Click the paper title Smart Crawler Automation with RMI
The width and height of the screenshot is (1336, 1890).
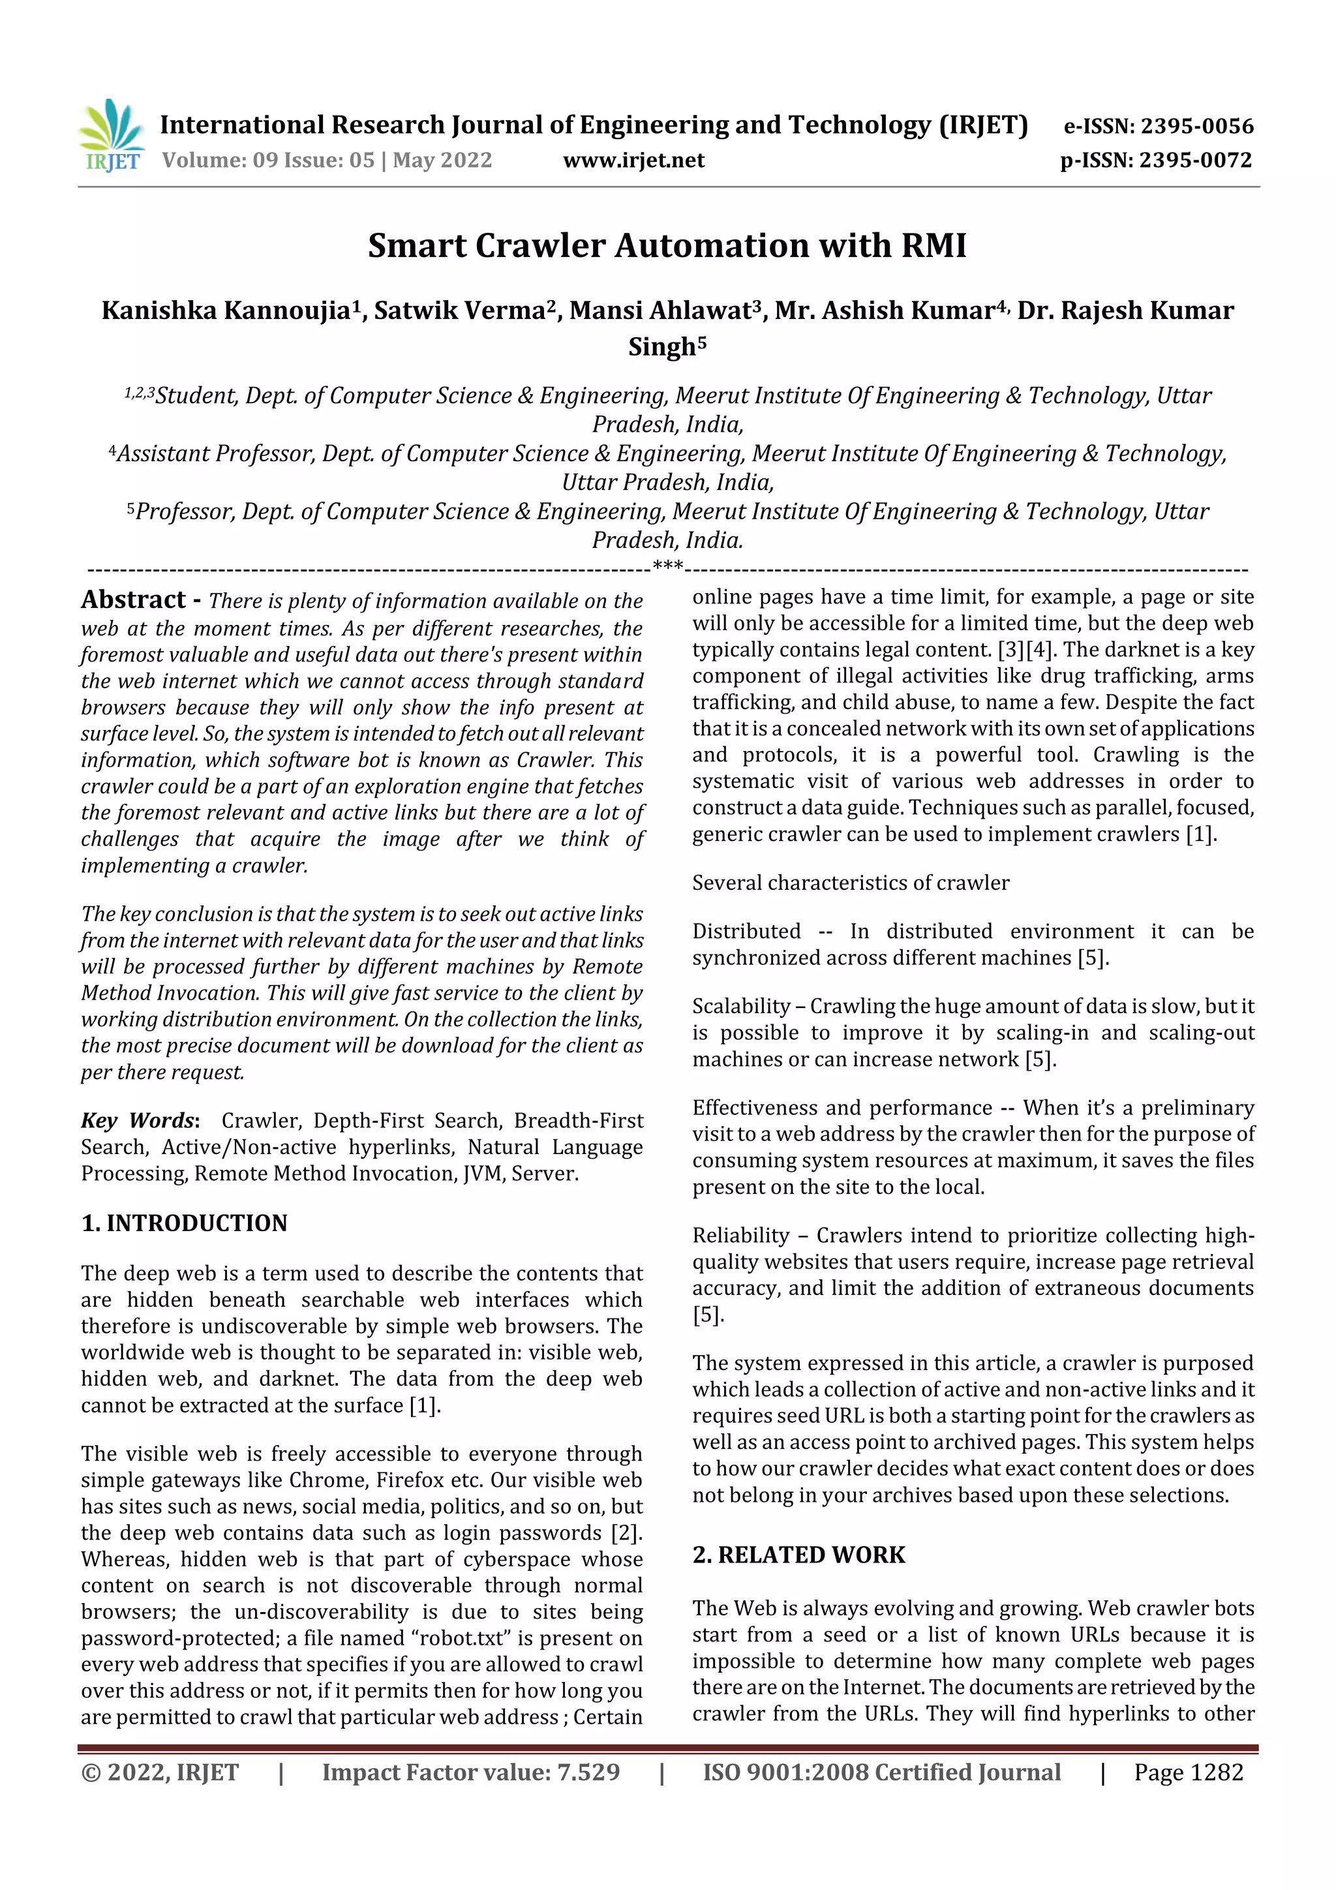pyautogui.click(x=667, y=246)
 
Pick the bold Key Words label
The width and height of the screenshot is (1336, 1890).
pyautogui.click(x=138, y=1120)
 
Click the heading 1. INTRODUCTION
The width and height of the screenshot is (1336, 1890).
pyautogui.click(x=185, y=1223)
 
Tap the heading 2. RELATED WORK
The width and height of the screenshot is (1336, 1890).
pyautogui.click(x=798, y=1555)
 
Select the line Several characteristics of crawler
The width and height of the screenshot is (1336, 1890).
pyautogui.click(x=851, y=883)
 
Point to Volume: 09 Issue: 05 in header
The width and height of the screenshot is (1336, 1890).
pyautogui.click(x=267, y=160)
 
